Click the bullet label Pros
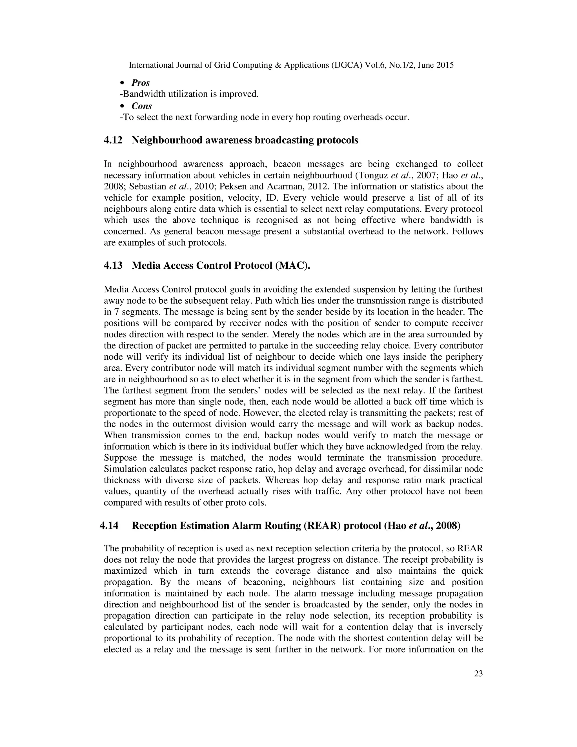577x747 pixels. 141,83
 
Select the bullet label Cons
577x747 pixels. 141,106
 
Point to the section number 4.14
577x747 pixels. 109,525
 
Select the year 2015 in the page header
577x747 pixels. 445,65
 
